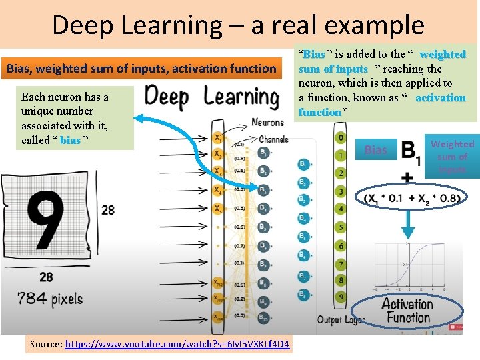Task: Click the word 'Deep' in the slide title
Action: tap(81, 25)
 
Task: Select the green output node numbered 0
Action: tap(341, 137)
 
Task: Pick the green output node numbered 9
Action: tap(341, 296)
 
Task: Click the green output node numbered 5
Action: tap(341, 227)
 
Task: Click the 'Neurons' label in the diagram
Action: tap(267, 122)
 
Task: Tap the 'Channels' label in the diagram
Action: tap(273, 139)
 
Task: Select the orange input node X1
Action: tap(218, 138)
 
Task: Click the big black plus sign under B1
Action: tap(407, 178)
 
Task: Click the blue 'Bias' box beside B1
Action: tap(376, 150)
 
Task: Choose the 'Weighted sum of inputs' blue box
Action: tap(452, 157)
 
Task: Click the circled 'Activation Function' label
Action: tap(407, 311)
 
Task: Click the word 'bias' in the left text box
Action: tap(70, 140)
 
